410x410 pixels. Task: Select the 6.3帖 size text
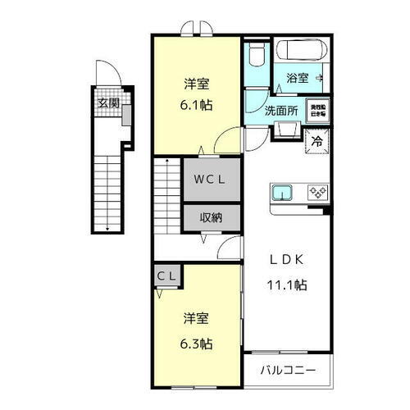click(x=195, y=344)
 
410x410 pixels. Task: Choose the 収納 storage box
click(x=212, y=217)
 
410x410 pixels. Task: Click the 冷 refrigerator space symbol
click(x=317, y=141)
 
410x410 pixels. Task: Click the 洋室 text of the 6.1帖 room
click(x=195, y=83)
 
